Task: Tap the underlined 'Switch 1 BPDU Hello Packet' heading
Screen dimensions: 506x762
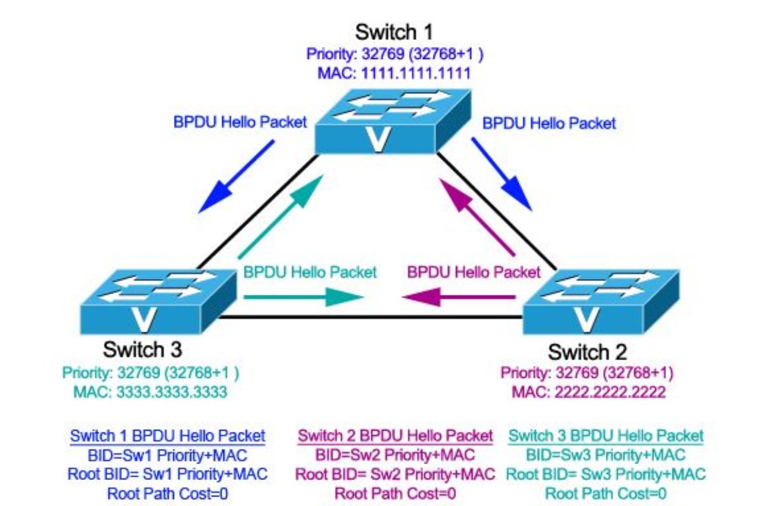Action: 168,436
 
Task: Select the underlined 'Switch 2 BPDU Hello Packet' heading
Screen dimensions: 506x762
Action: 395,436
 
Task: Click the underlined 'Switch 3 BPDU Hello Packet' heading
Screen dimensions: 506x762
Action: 606,436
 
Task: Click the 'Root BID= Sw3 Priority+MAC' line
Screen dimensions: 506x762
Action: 606,474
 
